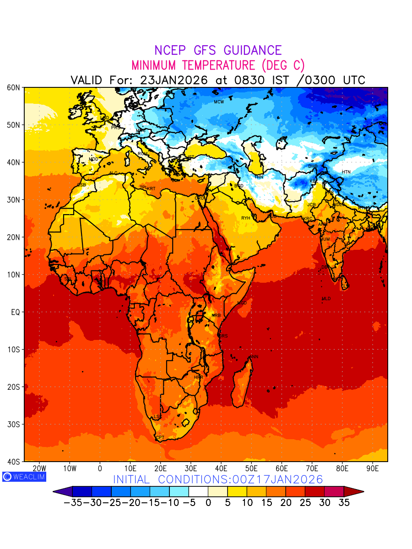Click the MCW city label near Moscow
219,102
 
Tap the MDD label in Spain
93,159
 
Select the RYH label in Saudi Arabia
246,218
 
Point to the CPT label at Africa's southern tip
160,438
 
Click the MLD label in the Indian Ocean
326,299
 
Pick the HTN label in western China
346,172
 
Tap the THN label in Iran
259,177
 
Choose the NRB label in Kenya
216,316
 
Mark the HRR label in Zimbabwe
199,377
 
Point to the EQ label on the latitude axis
15,312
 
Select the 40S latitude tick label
14,462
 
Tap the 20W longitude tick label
40,468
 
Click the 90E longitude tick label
373,468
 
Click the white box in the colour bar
198,491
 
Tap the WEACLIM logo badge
24,476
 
